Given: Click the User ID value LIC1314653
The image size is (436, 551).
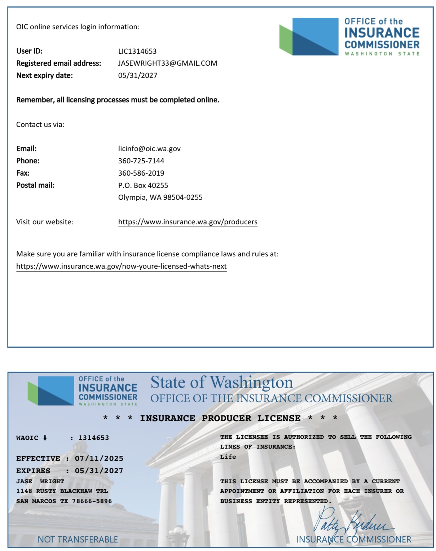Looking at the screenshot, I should tap(137, 51).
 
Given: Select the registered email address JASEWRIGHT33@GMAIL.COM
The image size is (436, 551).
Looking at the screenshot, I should tap(167, 63).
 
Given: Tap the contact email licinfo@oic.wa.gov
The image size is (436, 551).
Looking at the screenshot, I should tap(149, 149).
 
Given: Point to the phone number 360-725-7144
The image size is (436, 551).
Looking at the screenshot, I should tap(141, 161).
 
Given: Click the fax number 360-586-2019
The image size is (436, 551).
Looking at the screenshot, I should tap(141, 173).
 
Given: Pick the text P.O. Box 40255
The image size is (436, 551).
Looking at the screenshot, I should tap(143, 185).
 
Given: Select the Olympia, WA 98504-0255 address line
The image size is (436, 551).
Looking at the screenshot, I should tap(160, 197).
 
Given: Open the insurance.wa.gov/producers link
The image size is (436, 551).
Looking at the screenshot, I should tap(188, 222).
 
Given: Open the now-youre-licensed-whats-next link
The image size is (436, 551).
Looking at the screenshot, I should tap(121, 266).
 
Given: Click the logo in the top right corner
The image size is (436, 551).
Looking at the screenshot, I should tap(349, 37).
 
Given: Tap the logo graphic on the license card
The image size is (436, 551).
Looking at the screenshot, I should tap(82, 391).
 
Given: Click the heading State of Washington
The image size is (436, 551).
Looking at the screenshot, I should tap(221, 383).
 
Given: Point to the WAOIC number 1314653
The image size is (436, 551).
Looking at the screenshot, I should tap(94, 438).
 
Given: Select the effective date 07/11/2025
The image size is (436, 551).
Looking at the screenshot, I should tap(99, 459).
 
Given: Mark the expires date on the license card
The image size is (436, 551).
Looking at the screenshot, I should tap(99, 471).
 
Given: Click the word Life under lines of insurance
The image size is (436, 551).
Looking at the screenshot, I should tap(228, 457).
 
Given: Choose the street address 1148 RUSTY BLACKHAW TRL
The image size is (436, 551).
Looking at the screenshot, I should tap(62, 491).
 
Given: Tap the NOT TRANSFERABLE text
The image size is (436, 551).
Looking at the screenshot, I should tap(78, 539).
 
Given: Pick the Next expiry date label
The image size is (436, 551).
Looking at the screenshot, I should tap(44, 76).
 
